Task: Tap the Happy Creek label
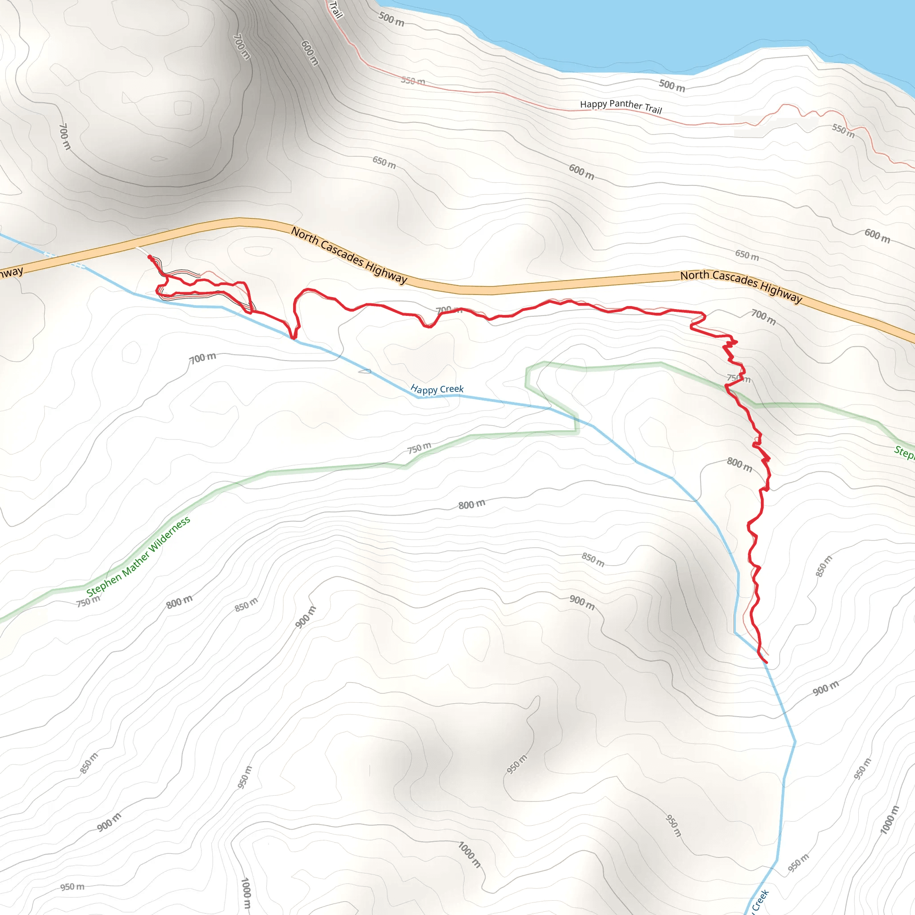pyautogui.click(x=437, y=389)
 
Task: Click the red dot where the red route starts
pyautogui.click(x=150, y=257)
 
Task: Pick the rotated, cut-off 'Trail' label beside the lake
pyautogui.click(x=336, y=9)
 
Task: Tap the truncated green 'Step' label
pyautogui.click(x=904, y=452)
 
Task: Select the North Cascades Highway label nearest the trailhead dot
pyautogui.click(x=349, y=255)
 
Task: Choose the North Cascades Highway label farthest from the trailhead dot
pyautogui.click(x=741, y=285)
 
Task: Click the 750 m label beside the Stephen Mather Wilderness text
pyautogui.click(x=88, y=601)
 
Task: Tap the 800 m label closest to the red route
pyautogui.click(x=739, y=465)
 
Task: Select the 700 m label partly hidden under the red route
pyautogui.click(x=448, y=310)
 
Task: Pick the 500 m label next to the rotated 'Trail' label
pyautogui.click(x=391, y=19)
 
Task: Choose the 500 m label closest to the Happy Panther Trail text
pyautogui.click(x=672, y=86)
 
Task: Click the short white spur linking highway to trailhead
pyautogui.click(x=142, y=252)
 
